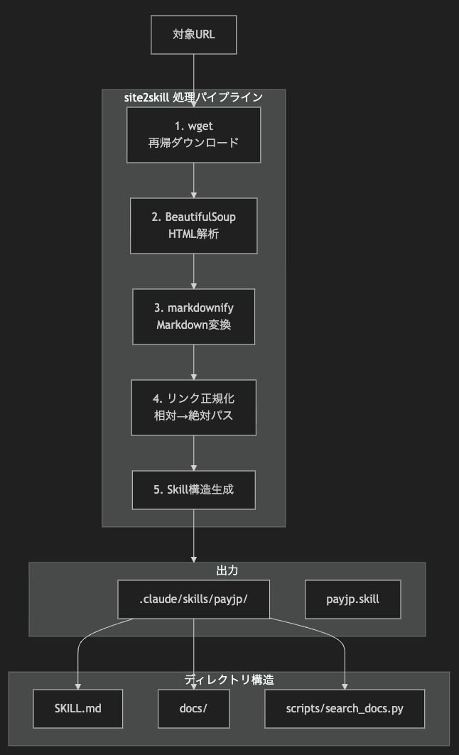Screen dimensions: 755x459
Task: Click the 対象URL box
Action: pos(193,34)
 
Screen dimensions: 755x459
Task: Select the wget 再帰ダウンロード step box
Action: pos(193,135)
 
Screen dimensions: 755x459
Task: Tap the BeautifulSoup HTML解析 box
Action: pos(193,225)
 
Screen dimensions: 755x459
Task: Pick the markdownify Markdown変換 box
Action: pos(193,316)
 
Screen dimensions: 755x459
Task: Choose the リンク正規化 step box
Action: pos(193,407)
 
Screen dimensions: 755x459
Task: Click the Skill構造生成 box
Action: pos(193,489)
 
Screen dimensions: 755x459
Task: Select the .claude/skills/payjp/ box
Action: pos(193,599)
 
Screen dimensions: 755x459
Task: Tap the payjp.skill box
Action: pos(352,599)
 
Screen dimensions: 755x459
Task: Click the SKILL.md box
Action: pos(78,708)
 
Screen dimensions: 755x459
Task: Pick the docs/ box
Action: pos(193,708)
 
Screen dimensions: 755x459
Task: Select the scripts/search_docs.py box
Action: pos(345,708)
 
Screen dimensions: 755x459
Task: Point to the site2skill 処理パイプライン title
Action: pos(193,97)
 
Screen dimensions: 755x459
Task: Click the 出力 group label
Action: pos(227,570)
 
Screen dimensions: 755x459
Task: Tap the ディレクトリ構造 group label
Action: pos(229,680)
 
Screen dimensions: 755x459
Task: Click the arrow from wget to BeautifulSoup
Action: pos(193,180)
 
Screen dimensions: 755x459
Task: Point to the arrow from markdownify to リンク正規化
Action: pos(193,362)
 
